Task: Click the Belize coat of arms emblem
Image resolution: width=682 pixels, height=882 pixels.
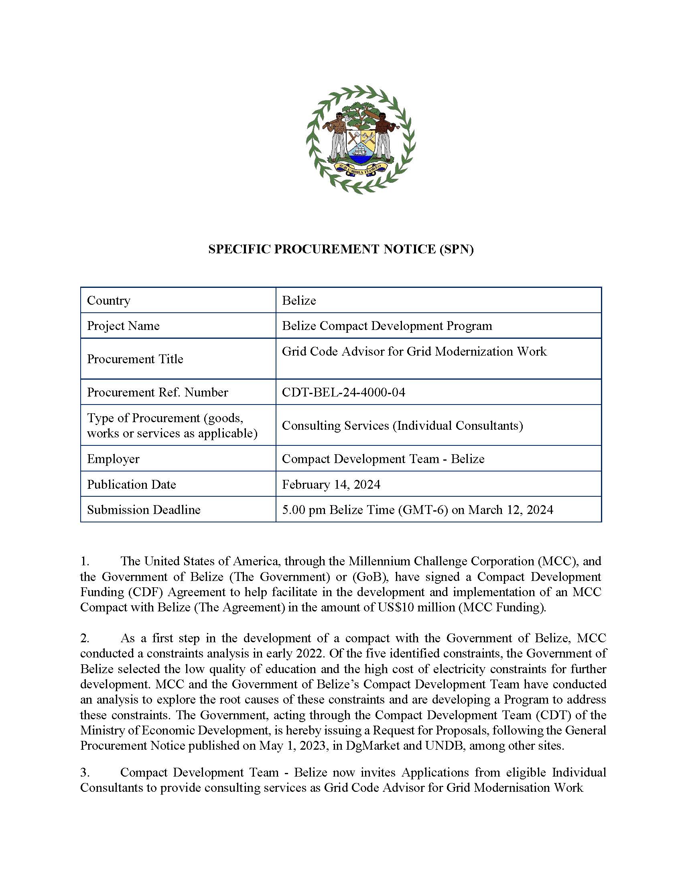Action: coord(361,140)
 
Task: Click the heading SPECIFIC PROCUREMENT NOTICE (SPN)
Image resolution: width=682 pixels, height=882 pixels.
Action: coord(341,249)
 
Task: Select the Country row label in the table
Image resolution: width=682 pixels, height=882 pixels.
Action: coord(109,300)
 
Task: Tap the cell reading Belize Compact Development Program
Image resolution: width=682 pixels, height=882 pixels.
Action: coord(387,326)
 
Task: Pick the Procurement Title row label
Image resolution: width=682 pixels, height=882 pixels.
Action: coord(135,359)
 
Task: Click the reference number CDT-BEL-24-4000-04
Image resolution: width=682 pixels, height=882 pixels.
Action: coord(343,392)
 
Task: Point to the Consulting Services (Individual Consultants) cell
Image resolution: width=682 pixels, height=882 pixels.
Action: coord(402,426)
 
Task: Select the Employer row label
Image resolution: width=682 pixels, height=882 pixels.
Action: coord(113,459)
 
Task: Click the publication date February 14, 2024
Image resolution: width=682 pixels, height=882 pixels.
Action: coord(331,484)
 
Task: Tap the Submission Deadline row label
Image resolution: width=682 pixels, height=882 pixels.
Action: coord(144,510)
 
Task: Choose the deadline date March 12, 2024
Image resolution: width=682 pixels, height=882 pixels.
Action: coord(510,510)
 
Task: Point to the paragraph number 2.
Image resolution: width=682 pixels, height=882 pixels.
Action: coord(84,639)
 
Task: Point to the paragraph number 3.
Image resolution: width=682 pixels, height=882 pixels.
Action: coord(84,773)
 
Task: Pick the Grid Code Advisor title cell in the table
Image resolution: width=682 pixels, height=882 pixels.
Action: coord(414,352)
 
